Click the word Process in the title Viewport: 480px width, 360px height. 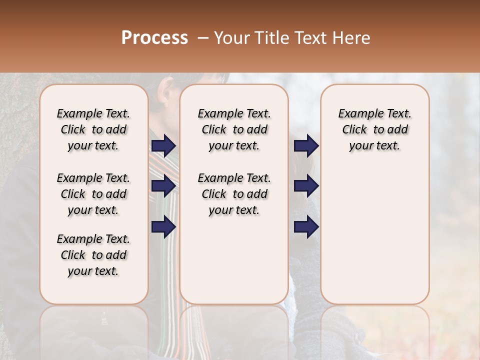click(154, 38)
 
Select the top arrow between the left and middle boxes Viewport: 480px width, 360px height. click(163, 145)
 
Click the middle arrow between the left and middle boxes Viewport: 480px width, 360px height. click(163, 186)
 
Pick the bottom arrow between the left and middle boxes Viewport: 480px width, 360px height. click(163, 226)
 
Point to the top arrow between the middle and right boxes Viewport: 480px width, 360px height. click(306, 145)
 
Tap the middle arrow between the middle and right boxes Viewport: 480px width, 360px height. click(306, 186)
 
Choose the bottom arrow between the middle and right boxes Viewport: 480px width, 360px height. click(306, 226)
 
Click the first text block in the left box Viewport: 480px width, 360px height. click(93, 129)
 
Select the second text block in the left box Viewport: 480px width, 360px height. click(93, 194)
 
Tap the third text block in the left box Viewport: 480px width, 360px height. click(93, 255)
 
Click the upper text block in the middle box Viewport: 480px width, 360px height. click(234, 129)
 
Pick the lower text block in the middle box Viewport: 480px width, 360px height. click(234, 194)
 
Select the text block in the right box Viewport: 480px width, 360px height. click(374, 129)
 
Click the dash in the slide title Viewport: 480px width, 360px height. click(203, 38)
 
